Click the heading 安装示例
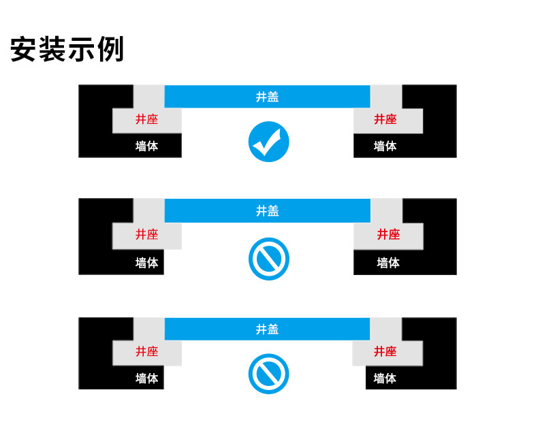point(67,49)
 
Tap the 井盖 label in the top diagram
point(267,97)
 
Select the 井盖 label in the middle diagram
point(267,210)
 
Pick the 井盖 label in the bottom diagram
point(267,329)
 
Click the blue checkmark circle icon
point(268,142)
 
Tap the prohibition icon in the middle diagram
point(268,259)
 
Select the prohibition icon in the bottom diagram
point(268,374)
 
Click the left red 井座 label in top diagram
point(146,119)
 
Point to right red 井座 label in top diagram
point(385,119)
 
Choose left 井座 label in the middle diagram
point(146,234)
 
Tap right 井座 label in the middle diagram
point(388,234)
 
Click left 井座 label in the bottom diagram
point(146,351)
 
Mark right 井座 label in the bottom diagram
point(385,351)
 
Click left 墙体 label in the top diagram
point(146,146)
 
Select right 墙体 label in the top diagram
point(385,146)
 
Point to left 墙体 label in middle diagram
point(146,263)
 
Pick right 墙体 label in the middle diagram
point(388,263)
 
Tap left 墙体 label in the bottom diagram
point(146,379)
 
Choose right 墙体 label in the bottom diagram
point(385,379)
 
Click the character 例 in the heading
point(110,49)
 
